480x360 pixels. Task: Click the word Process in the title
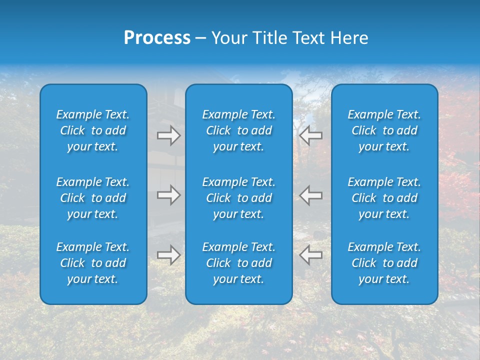(x=157, y=38)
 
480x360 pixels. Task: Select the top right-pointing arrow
(x=168, y=135)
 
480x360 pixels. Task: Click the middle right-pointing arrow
(x=168, y=195)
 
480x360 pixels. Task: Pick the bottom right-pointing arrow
(x=168, y=255)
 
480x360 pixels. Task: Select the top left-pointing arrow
(x=310, y=135)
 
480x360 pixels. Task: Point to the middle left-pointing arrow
(x=310, y=195)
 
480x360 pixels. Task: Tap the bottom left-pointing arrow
(x=310, y=255)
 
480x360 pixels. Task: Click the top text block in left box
(x=93, y=130)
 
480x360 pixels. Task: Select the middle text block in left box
(x=93, y=198)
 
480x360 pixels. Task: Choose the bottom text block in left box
(x=93, y=263)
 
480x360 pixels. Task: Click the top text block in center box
(x=239, y=130)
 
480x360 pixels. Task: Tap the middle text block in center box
(x=239, y=198)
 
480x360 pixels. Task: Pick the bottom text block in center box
(x=239, y=263)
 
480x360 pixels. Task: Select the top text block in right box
(x=384, y=130)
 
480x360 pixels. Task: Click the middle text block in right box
(x=384, y=198)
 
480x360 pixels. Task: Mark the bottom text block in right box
(x=384, y=263)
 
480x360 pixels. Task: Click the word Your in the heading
(x=228, y=38)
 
